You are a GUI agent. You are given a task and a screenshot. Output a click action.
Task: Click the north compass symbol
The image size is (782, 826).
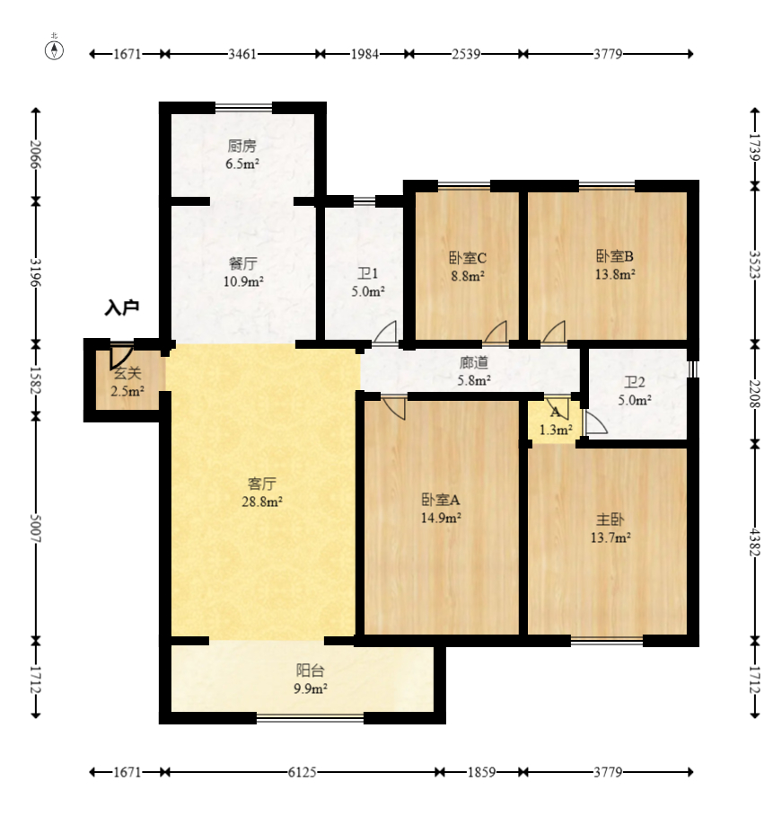54,49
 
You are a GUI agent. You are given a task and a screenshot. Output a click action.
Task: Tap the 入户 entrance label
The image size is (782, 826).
121,306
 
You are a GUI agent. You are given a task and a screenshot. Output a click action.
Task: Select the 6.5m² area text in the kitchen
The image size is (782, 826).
242,164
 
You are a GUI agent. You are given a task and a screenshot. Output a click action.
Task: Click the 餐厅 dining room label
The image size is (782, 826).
243,262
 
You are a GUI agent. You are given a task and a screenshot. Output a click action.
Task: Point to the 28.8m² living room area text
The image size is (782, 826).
262,502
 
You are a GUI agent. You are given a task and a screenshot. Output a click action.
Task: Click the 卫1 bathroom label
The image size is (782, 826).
368,273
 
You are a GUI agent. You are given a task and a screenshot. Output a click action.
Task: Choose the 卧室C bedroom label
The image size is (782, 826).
467,258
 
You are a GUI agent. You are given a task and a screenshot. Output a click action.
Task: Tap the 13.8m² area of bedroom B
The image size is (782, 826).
615,274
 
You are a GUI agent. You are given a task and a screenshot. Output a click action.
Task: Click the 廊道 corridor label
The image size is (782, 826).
474,362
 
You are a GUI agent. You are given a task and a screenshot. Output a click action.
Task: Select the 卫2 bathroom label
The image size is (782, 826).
634,383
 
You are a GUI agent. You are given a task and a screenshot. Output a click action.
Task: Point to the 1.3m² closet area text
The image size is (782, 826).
556,430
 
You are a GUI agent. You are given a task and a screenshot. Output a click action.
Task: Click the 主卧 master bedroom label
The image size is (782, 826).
610,520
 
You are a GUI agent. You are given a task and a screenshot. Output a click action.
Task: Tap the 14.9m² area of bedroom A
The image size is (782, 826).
441,518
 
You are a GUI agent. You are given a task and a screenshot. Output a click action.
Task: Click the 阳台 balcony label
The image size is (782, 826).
310,671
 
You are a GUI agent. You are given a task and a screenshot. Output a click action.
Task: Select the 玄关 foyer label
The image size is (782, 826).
127,374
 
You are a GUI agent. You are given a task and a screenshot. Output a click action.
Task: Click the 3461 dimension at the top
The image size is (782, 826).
242,54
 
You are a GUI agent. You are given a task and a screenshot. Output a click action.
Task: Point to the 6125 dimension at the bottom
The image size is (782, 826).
302,772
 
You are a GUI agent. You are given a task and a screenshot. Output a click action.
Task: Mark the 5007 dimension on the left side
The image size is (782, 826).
36,528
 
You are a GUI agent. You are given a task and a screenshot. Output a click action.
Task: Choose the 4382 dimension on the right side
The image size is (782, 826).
755,541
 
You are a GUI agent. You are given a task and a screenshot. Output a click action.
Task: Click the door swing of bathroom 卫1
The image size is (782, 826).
385,332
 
